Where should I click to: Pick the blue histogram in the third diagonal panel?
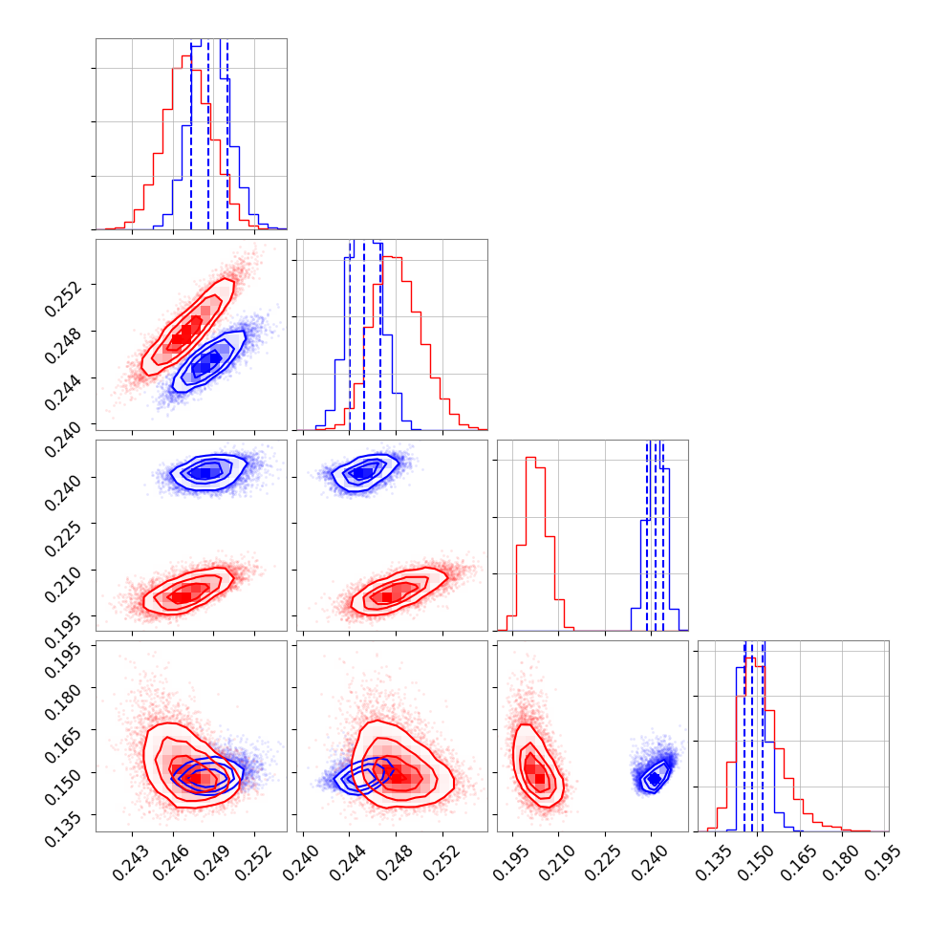pyautogui.click(x=657, y=535)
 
